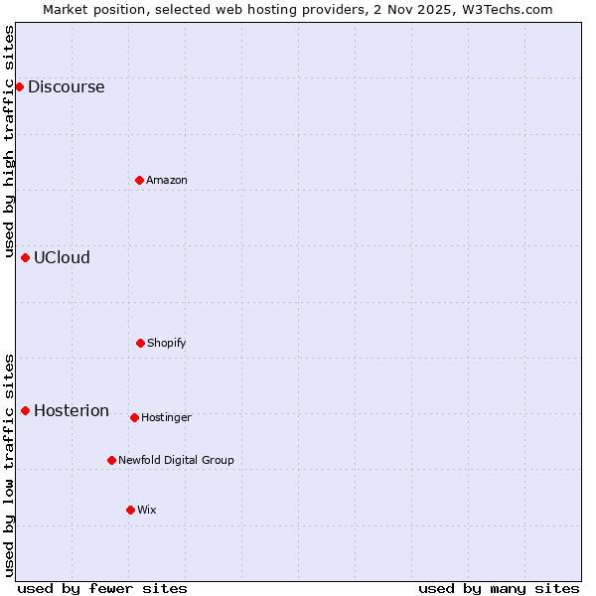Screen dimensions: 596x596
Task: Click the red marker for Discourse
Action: (19, 86)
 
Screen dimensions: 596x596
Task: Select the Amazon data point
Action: (139, 180)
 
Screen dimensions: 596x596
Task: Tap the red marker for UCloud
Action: (25, 257)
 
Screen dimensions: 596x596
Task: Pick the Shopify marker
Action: (140, 343)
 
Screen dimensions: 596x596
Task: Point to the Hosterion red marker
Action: (25, 410)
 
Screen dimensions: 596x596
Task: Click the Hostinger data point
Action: (134, 417)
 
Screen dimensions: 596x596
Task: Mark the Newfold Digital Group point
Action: (111, 460)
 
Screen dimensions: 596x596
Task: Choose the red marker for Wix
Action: (130, 510)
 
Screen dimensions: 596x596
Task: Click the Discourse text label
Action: (66, 86)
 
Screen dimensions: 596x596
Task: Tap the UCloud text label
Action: (62, 257)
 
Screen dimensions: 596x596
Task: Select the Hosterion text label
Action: (72, 410)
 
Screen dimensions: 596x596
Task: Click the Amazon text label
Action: (167, 180)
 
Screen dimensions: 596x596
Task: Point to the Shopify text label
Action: (167, 343)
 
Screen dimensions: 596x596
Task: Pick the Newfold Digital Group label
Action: (176, 460)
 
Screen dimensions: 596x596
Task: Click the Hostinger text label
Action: (166, 417)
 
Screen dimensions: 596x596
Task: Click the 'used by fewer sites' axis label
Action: (102, 588)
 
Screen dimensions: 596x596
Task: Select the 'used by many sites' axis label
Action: (499, 588)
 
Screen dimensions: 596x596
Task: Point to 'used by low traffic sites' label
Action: (9, 465)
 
